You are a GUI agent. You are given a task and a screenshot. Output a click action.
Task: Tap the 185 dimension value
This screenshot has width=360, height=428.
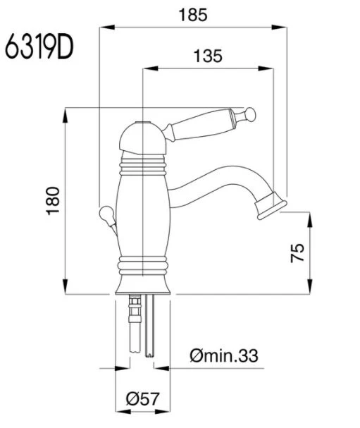coord(193,15)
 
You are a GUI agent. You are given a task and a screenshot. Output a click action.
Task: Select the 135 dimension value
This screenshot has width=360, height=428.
coord(208,56)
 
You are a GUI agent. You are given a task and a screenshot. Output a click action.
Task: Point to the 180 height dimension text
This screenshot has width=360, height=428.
coord(53,201)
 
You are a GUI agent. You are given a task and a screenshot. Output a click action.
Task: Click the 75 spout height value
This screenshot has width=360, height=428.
coord(297,252)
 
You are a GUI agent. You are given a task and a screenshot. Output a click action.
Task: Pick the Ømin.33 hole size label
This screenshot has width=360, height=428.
coord(224,355)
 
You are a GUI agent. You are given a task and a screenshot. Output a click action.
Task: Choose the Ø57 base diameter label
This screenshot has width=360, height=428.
coord(142,399)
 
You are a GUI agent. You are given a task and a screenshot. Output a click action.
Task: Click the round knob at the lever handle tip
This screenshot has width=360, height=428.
coord(250,114)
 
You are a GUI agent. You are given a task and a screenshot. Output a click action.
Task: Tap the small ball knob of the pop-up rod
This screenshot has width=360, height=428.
coord(106,214)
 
